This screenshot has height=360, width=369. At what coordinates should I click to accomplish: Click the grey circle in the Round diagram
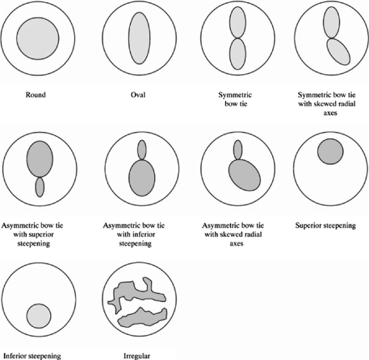coord(37,39)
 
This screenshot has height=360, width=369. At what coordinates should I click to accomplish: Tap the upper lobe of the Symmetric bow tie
coord(238,22)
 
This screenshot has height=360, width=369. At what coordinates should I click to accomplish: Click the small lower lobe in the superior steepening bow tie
coord(39,186)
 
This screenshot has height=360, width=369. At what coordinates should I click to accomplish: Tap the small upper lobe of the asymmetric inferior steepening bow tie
coord(142,149)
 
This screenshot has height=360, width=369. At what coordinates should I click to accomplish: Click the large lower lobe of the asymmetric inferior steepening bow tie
coord(142,177)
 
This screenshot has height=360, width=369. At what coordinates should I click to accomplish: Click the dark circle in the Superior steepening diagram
coord(330,151)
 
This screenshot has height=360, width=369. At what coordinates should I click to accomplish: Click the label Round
coord(36,95)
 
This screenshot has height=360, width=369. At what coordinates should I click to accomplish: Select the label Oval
coord(138,95)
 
